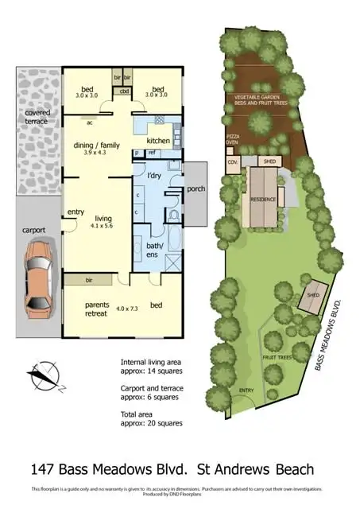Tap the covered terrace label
(x=36, y=117)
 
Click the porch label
(x=195, y=188)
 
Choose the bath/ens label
(x=156, y=248)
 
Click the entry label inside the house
(x=76, y=212)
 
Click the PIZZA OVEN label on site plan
(x=232, y=140)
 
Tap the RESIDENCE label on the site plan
(x=262, y=200)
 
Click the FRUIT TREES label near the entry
(x=277, y=356)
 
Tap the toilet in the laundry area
(x=172, y=214)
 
